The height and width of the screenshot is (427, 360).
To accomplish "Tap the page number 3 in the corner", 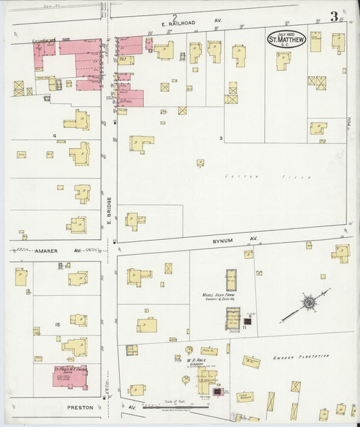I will (334, 17).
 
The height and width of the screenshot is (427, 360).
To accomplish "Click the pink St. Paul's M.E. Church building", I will (70, 376).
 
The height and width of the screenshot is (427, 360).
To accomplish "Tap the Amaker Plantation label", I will (301, 356).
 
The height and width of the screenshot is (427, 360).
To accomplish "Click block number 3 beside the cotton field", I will (222, 139).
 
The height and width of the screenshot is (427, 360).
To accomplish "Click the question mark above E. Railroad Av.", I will (174, 16).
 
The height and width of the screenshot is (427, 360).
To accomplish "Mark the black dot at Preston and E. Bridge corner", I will (103, 399).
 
